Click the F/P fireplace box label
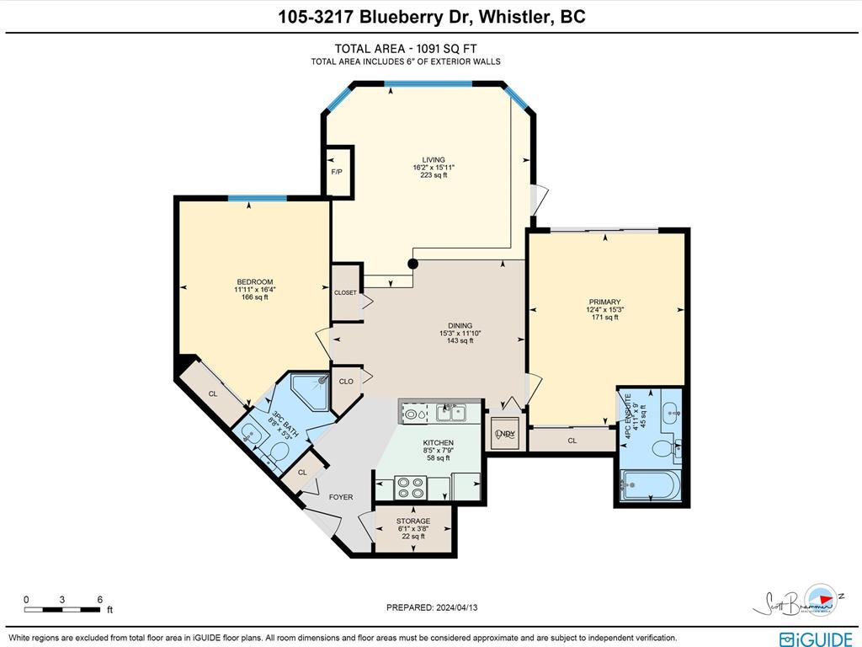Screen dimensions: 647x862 (x=337, y=172)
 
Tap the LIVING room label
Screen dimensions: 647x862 (x=434, y=160)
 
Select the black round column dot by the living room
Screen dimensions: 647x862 (x=412, y=264)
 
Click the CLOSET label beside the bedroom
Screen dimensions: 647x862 (x=345, y=293)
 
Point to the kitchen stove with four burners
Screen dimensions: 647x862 (x=412, y=488)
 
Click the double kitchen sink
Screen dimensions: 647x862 (x=452, y=412)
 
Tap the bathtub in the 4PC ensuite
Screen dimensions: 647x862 (x=649, y=486)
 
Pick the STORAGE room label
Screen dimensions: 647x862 (x=413, y=521)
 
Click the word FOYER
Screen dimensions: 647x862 (x=341, y=497)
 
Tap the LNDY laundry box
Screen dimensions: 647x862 (x=505, y=433)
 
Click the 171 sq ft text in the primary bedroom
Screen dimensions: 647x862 (x=604, y=318)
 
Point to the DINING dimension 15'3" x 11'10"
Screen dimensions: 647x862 (x=460, y=334)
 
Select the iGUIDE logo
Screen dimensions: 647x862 (x=816, y=639)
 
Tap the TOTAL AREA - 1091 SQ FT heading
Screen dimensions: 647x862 (x=406, y=49)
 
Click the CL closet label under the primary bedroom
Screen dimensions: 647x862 (x=572, y=441)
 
